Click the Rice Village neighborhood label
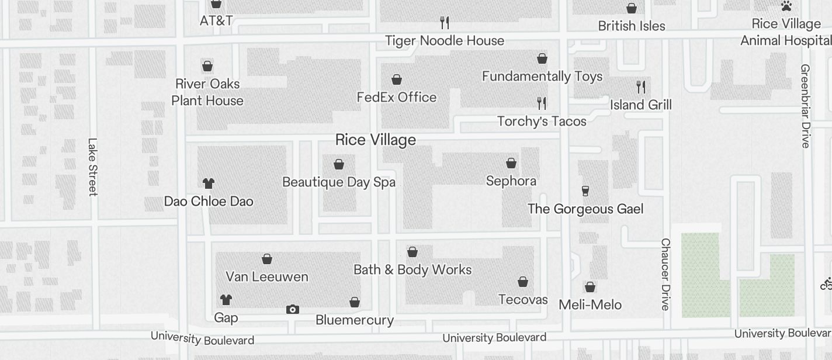click(x=376, y=140)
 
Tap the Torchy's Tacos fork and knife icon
click(x=542, y=103)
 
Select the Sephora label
click(x=511, y=181)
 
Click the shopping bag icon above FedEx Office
click(x=397, y=79)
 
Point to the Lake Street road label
click(x=92, y=167)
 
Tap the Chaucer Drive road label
click(x=665, y=274)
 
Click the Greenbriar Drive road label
click(x=805, y=106)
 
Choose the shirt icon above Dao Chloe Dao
click(x=209, y=184)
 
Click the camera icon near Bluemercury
click(x=293, y=309)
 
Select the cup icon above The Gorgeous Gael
click(x=585, y=191)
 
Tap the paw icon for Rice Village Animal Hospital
click(x=786, y=6)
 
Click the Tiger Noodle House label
click(x=445, y=40)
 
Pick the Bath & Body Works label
click(x=412, y=269)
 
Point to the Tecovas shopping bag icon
click(x=523, y=282)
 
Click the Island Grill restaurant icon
click(x=641, y=87)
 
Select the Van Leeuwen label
click(x=267, y=276)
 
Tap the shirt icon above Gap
click(x=226, y=300)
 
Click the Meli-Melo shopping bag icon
click(x=590, y=287)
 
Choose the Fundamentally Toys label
click(x=542, y=76)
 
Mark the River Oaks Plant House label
click(x=207, y=92)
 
